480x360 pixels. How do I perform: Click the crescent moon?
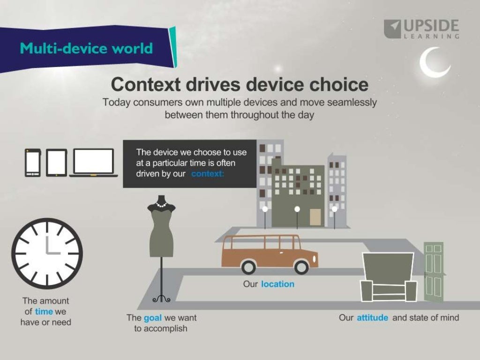click(x=432, y=64)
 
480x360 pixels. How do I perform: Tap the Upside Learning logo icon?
click(x=392, y=29)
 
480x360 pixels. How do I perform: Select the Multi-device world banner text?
click(x=86, y=48)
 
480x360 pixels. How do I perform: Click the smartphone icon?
click(x=33, y=162)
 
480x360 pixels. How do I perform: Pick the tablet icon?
click(x=56, y=162)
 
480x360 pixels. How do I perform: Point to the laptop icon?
click(x=94, y=162)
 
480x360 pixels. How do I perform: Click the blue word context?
click(x=208, y=174)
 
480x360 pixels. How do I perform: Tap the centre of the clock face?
click(x=47, y=253)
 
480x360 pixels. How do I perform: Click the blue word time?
click(x=44, y=311)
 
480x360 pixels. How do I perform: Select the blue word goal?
click(x=152, y=318)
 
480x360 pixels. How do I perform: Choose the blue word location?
click(x=277, y=284)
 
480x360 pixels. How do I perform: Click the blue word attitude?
click(x=372, y=318)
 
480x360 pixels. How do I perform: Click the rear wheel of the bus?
click(x=248, y=267)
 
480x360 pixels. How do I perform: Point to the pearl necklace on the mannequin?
click(x=161, y=204)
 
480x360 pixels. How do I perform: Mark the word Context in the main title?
click(x=146, y=85)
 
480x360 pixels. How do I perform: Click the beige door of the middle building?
click(x=315, y=217)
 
